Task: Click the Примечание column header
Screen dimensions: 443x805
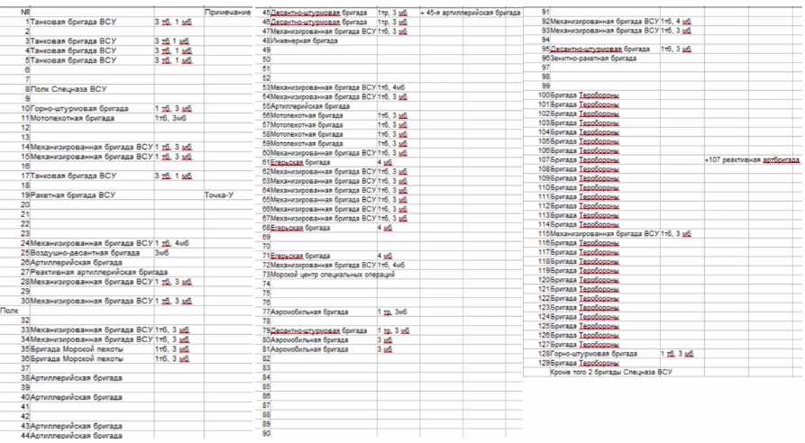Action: click(227, 12)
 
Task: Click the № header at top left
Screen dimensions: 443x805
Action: click(25, 12)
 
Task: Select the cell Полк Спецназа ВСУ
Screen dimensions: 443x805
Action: click(69, 89)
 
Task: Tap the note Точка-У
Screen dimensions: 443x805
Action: click(220, 194)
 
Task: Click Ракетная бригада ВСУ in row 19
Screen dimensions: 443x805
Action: click(73, 194)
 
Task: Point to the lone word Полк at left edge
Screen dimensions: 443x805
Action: click(10, 310)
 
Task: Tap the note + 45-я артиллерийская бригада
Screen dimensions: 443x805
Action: click(471, 12)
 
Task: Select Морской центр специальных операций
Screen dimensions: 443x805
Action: click(333, 275)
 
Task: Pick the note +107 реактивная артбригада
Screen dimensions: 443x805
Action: click(752, 159)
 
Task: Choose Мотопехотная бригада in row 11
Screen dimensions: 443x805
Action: click(73, 118)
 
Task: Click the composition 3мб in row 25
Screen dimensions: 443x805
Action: click(162, 253)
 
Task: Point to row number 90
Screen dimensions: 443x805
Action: click(266, 433)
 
